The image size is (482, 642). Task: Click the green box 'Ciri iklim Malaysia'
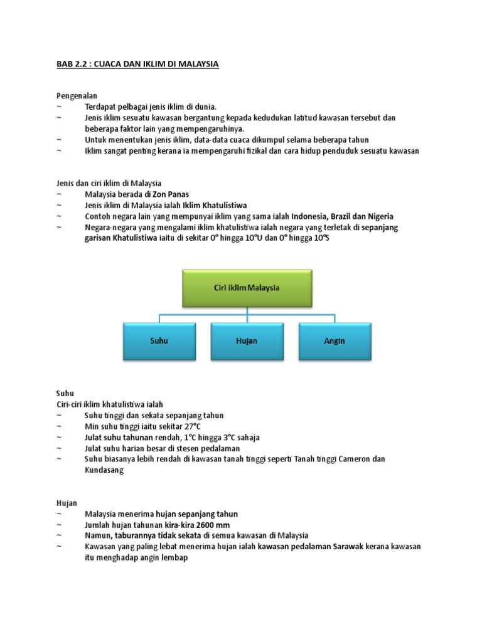click(x=247, y=288)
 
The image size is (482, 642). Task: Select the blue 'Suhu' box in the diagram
click(x=159, y=341)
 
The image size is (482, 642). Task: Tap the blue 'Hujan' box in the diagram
click(x=247, y=341)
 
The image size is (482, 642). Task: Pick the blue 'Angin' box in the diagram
click(x=335, y=341)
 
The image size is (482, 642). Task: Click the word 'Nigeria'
click(x=380, y=216)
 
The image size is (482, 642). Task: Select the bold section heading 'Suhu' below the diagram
click(x=65, y=393)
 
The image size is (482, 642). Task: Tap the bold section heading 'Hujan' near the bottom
click(x=67, y=502)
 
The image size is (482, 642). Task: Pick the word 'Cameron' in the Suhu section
click(x=356, y=459)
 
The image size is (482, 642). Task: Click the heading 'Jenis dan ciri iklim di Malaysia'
click(x=109, y=183)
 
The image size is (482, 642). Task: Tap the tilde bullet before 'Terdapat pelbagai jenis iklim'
click(x=59, y=107)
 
